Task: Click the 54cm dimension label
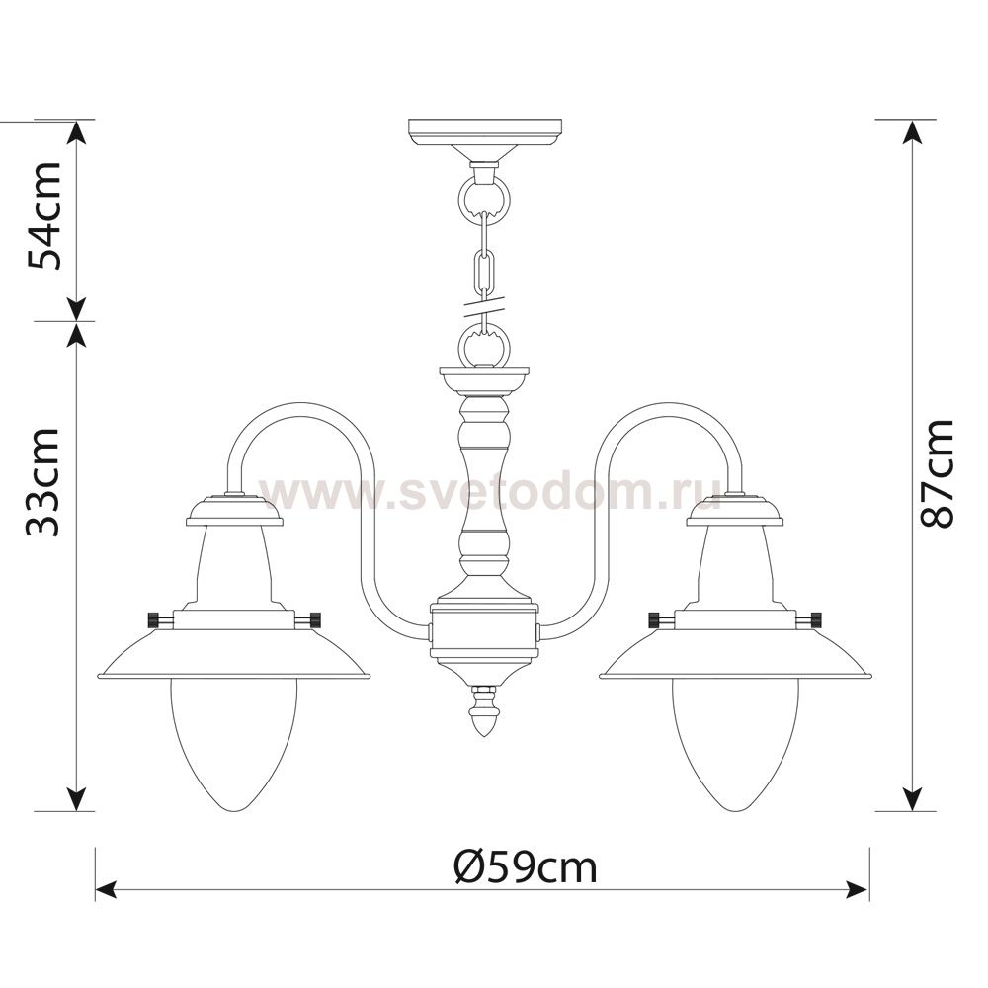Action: pyautogui.click(x=43, y=215)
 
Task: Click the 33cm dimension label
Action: pyautogui.click(x=43, y=482)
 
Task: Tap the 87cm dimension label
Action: pyautogui.click(x=937, y=472)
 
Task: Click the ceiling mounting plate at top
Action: pyautogui.click(x=484, y=132)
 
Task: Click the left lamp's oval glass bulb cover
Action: pyautogui.click(x=233, y=744)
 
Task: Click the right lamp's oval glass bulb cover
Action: pyautogui.click(x=735, y=744)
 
